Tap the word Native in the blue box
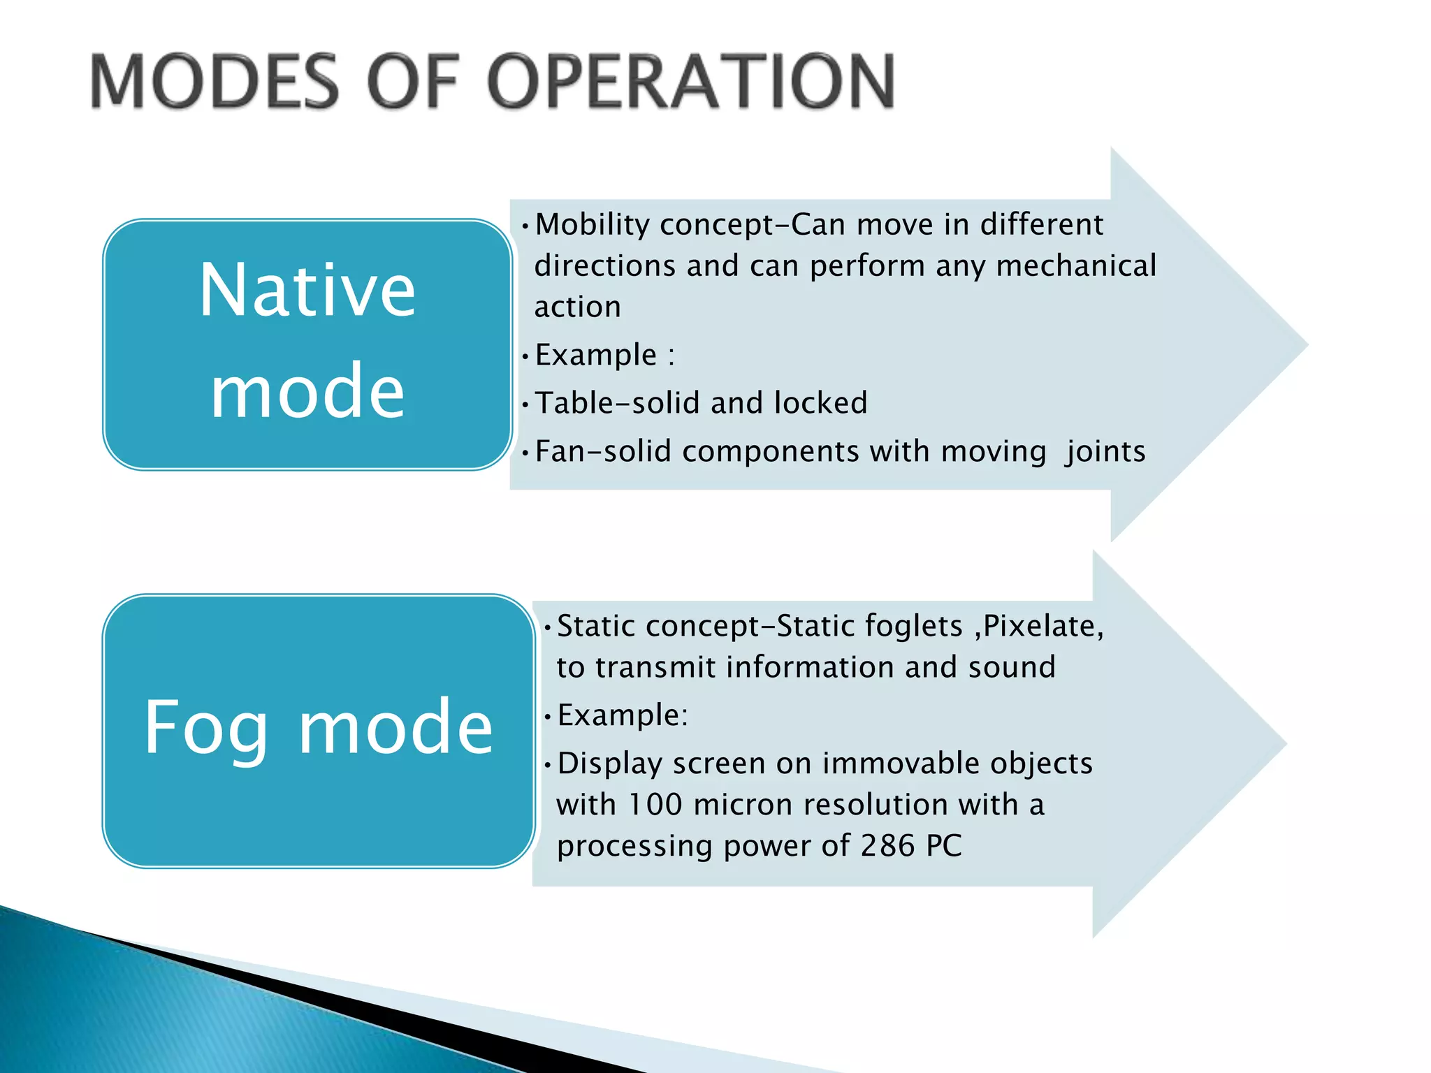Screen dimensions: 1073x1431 click(307, 291)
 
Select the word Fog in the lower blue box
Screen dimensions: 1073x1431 click(206, 728)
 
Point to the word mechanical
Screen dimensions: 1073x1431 click(1076, 266)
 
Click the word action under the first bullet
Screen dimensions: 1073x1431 click(577, 307)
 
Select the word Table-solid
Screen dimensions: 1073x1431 click(617, 403)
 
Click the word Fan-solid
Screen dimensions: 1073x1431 click(603, 451)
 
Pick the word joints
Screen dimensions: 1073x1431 click(1105, 452)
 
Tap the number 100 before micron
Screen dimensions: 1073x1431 click(655, 805)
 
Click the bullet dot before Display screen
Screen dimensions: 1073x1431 click(548, 764)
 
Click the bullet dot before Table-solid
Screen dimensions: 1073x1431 click(525, 404)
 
